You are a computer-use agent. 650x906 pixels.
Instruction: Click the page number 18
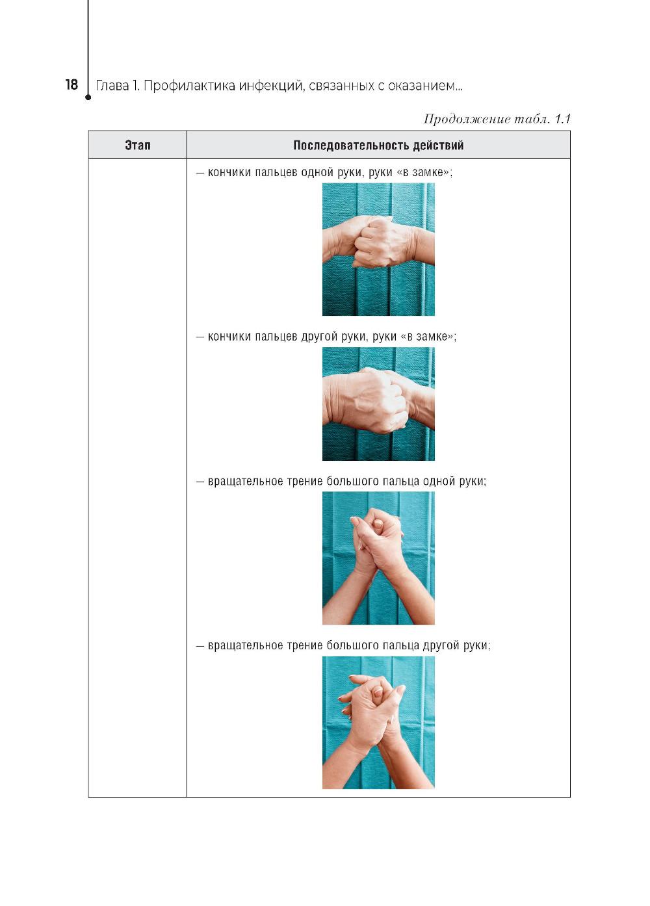71,84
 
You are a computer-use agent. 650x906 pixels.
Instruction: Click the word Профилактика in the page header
189,86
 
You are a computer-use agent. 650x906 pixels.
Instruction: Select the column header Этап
138,145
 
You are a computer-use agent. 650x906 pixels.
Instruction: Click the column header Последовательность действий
378,145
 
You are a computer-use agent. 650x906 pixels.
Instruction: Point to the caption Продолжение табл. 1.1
497,119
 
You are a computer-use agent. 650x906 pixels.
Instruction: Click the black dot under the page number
88,97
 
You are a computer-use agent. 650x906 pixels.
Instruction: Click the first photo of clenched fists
378,249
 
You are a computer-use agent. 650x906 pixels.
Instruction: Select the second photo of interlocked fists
378,404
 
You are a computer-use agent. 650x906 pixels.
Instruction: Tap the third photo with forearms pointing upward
378,558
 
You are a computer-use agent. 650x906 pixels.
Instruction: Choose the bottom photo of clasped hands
378,722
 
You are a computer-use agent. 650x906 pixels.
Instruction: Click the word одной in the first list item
319,173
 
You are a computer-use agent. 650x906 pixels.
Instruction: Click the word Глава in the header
109,86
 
